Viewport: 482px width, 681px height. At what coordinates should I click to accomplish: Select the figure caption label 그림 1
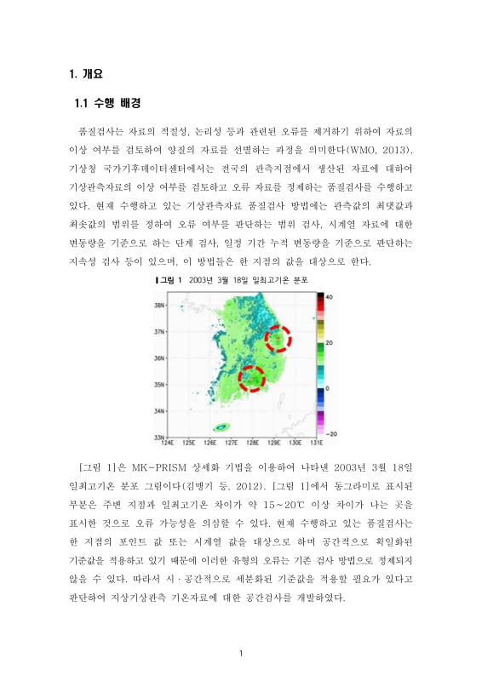[171, 279]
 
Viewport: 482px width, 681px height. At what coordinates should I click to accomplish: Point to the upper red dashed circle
[278, 339]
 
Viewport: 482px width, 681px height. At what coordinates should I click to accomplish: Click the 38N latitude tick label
[159, 304]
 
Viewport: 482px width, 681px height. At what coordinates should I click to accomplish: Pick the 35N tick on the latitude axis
[159, 384]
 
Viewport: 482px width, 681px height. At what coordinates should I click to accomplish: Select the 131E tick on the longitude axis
[314, 443]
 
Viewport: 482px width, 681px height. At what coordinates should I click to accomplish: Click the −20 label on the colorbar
[333, 433]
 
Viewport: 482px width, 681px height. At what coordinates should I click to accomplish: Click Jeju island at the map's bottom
[223, 426]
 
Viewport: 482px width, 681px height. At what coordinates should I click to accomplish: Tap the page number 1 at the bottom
[242, 653]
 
